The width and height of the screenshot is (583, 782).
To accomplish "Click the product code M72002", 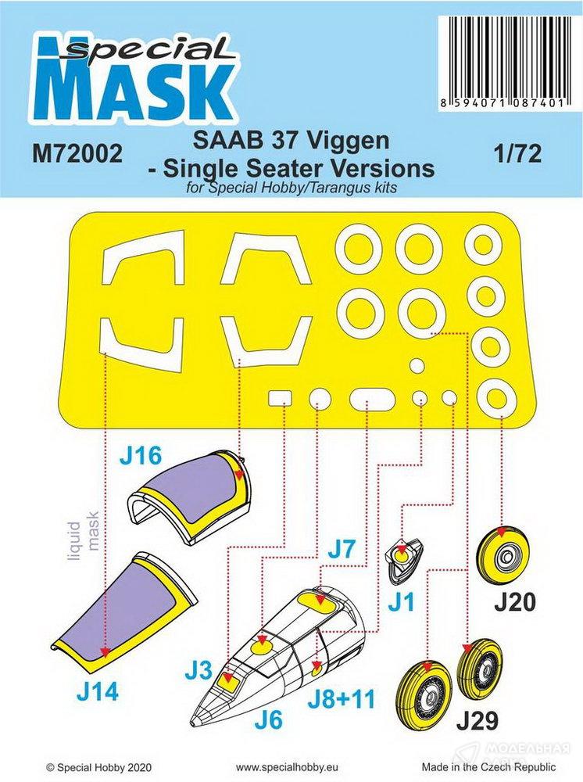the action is [x=77, y=153].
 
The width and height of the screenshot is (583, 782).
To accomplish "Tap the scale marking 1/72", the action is [x=518, y=153].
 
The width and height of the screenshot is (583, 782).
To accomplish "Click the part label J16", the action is [x=141, y=456].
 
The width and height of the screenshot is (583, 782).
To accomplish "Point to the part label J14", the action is [x=98, y=692].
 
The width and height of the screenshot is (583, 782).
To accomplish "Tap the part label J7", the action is [x=342, y=549].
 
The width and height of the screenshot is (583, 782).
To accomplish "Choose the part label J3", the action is [x=199, y=671].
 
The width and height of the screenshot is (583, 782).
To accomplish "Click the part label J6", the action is [x=269, y=719].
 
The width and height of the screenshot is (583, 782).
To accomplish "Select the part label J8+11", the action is [x=341, y=699].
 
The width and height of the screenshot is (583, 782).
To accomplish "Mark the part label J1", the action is [x=402, y=602].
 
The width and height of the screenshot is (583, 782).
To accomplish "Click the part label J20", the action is [x=515, y=602].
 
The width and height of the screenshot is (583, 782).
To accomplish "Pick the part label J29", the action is [x=477, y=720].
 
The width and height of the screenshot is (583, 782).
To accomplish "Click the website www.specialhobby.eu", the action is [x=287, y=767].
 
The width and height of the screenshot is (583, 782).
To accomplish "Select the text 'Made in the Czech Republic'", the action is [x=488, y=766].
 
